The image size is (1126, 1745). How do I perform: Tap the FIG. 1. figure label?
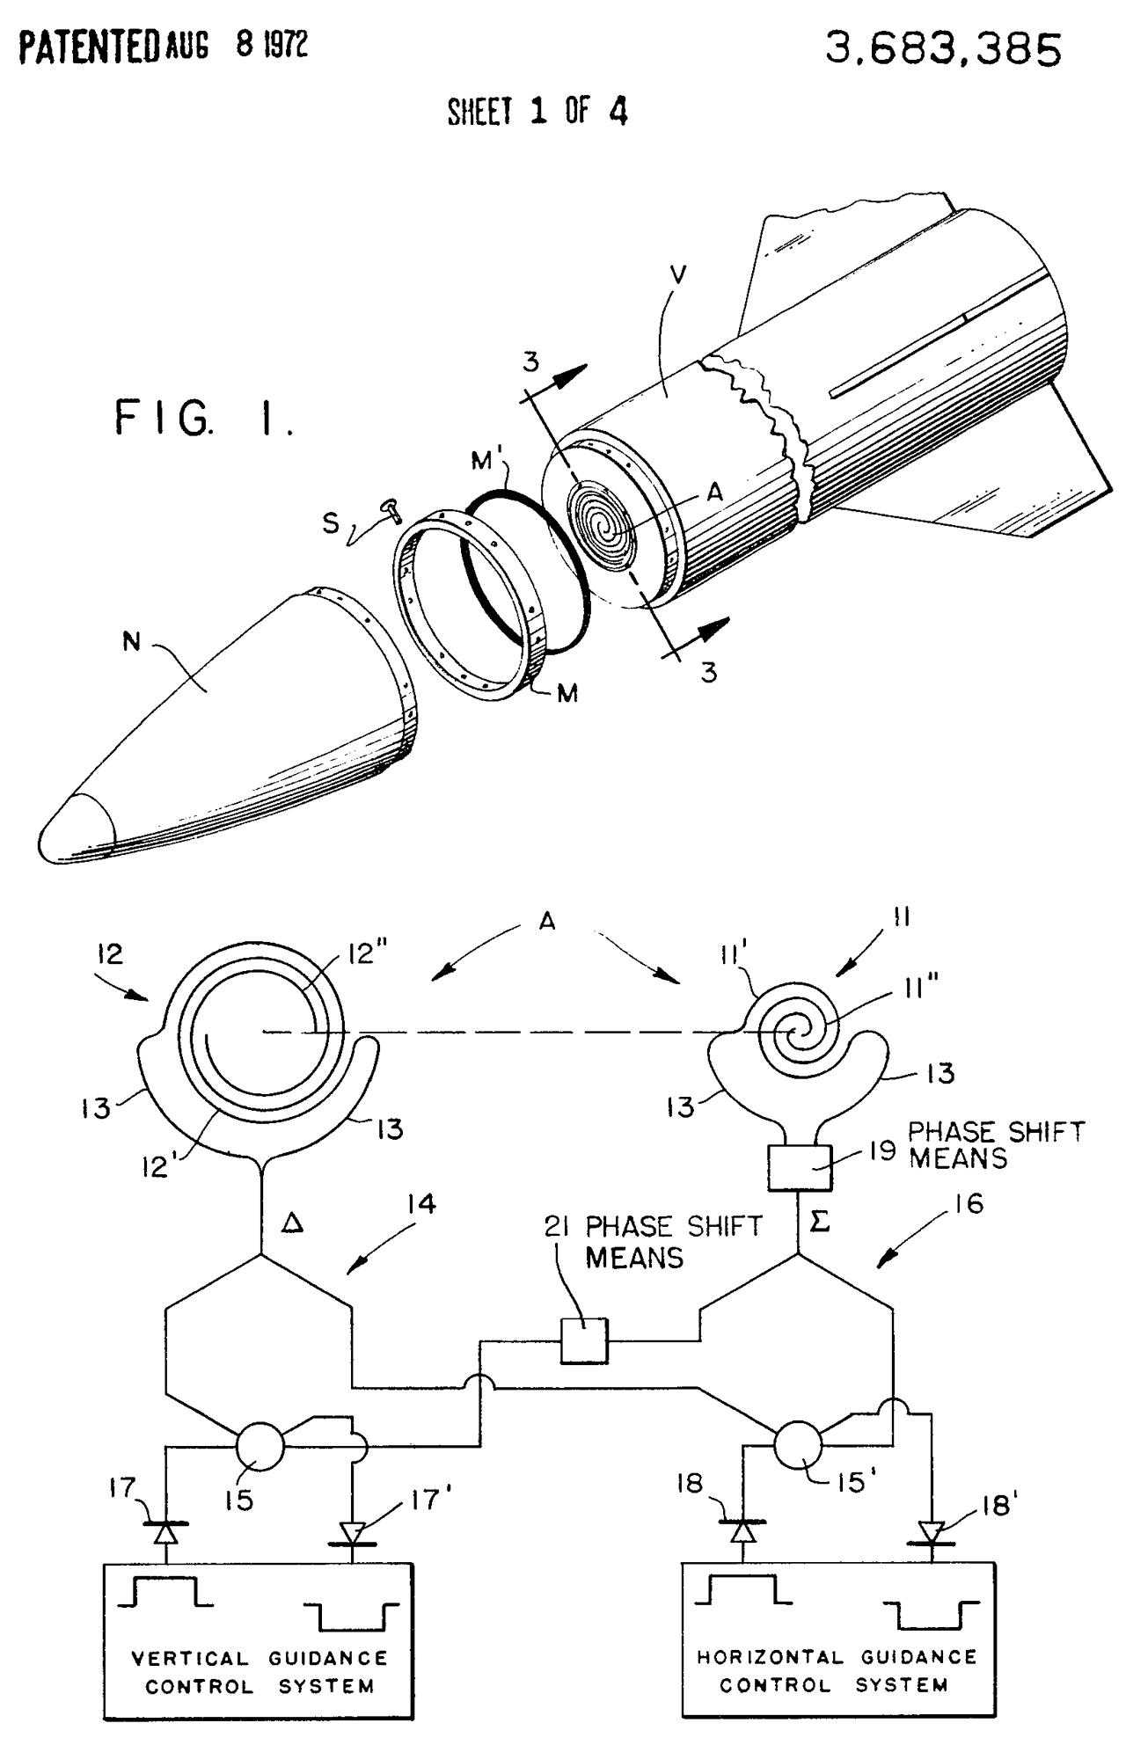(203, 418)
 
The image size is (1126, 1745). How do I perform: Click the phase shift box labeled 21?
(584, 1340)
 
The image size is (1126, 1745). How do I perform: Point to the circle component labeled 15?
(260, 1445)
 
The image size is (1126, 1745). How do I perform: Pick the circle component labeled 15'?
(798, 1445)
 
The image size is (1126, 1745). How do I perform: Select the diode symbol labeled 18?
(743, 1530)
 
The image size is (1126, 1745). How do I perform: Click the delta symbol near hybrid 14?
(293, 1222)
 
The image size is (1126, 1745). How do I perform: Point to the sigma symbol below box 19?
(819, 1222)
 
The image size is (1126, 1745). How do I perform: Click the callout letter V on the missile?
(677, 275)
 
